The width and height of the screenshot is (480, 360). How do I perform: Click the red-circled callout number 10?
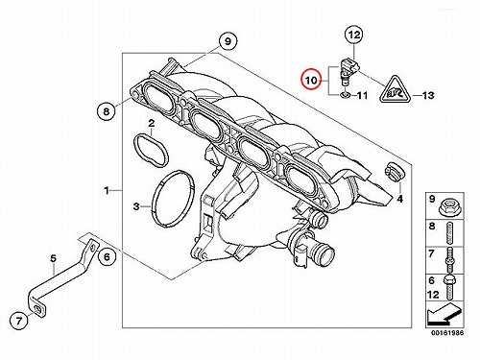pyautogui.click(x=311, y=80)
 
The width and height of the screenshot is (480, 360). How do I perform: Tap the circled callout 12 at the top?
pyautogui.click(x=354, y=35)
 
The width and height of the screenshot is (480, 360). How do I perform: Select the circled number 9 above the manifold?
pyautogui.click(x=228, y=41)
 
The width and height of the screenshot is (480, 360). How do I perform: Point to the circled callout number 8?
pyautogui.click(x=107, y=111)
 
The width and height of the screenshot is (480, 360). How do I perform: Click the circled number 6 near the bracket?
pyautogui.click(x=107, y=256)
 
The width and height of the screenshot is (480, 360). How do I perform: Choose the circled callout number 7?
pyautogui.click(x=19, y=320)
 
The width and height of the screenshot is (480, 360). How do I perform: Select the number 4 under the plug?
pyautogui.click(x=399, y=199)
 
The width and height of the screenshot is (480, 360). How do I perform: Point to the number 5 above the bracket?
pyautogui.click(x=53, y=258)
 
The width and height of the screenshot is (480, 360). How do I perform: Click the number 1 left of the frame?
pyautogui.click(x=107, y=191)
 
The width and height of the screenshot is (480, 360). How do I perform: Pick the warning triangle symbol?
pyautogui.click(x=395, y=90)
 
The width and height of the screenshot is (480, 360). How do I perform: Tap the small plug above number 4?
pyautogui.click(x=394, y=171)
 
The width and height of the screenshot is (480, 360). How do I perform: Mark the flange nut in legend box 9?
pyautogui.click(x=449, y=207)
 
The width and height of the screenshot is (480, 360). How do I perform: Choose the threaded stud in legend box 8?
pyautogui.click(x=449, y=232)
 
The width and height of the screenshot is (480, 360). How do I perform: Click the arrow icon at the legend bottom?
pyautogui.click(x=444, y=314)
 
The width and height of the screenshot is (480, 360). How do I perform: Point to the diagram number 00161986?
pyautogui.click(x=446, y=333)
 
